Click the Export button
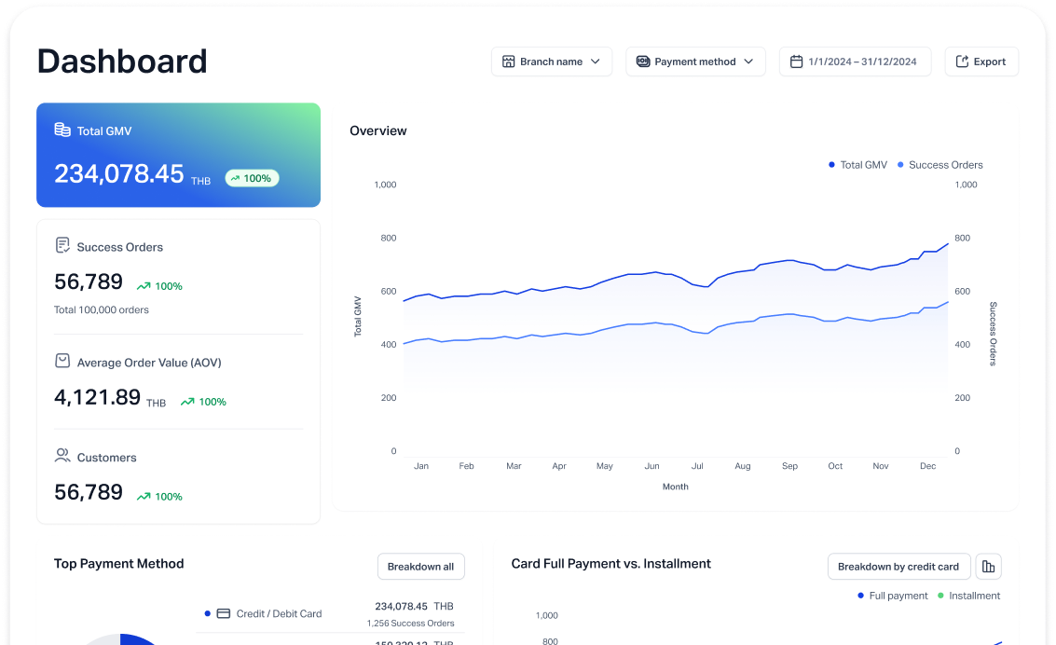point(981,62)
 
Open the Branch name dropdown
point(552,62)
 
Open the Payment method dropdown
point(695,62)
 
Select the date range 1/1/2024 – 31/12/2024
point(855,62)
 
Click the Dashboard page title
point(122,62)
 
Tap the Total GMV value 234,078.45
point(119,174)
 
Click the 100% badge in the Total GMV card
point(252,178)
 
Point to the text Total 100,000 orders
point(102,309)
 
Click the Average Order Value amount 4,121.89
point(98,397)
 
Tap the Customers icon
point(62,456)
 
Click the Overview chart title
point(378,130)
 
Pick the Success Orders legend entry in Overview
point(940,165)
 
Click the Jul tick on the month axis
point(697,466)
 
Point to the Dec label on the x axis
point(927,466)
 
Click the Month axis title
point(676,487)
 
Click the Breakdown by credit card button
point(898,567)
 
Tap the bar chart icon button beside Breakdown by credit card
point(990,567)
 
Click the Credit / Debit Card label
point(279,613)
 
